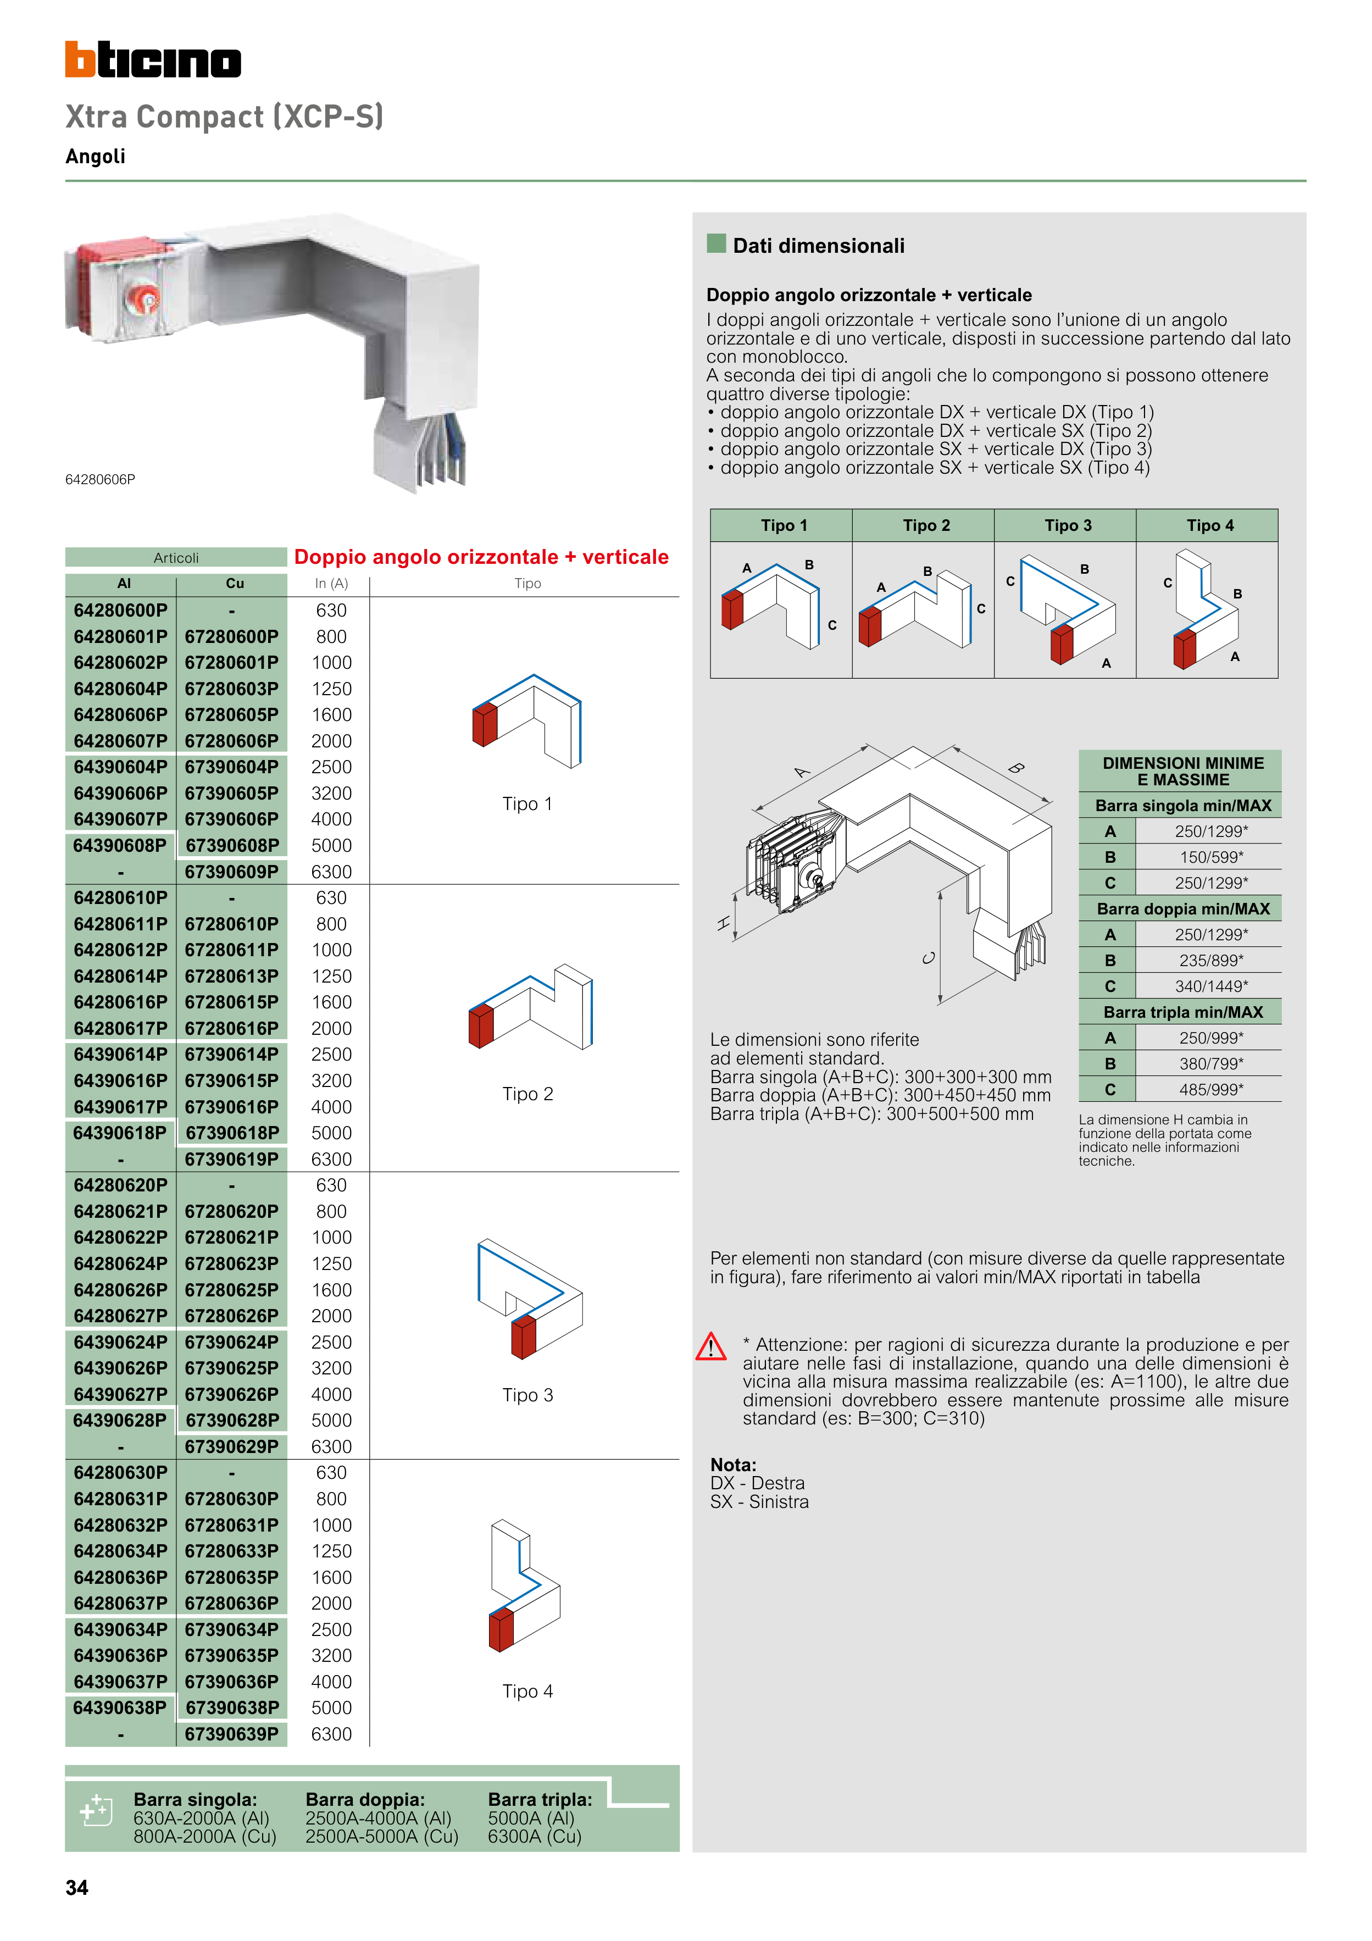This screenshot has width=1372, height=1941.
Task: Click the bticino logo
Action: coord(153,60)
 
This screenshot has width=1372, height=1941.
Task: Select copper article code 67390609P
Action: coord(232,872)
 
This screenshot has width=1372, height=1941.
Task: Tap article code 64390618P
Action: coord(120,1133)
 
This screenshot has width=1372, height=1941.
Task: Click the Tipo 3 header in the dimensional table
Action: coord(1068,526)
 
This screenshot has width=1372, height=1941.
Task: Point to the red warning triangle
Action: coord(711,1347)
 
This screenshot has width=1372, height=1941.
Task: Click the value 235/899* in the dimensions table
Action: coord(1210,961)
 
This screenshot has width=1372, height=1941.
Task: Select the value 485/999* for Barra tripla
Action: coord(1210,1090)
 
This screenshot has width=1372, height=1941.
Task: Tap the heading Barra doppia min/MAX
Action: coord(1182,909)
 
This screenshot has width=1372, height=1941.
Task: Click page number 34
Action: coord(77,1888)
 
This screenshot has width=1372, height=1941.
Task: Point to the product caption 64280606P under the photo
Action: coord(101,479)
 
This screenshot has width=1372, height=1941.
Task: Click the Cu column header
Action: coord(234,583)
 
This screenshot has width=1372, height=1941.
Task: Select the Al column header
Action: coord(124,583)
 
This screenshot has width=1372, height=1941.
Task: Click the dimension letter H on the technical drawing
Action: coord(724,924)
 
